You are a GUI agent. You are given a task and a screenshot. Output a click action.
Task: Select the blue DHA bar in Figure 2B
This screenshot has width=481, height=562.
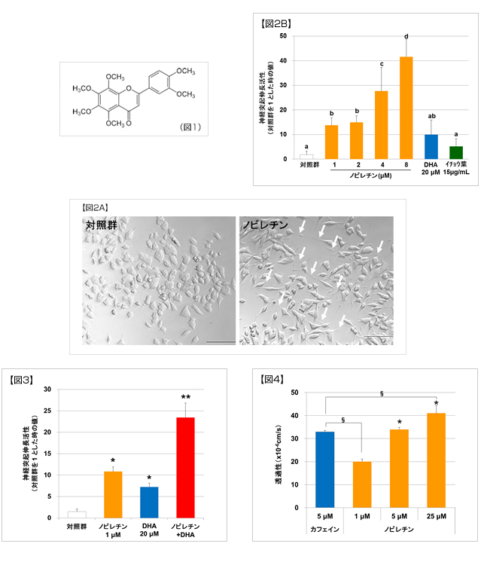[x=431, y=147]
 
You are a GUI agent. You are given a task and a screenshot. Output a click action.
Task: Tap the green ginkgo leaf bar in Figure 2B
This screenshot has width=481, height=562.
[x=456, y=152]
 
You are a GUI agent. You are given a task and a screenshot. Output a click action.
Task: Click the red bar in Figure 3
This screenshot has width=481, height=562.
[x=185, y=467]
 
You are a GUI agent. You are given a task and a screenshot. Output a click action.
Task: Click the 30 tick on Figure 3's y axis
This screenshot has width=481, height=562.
[x=47, y=389]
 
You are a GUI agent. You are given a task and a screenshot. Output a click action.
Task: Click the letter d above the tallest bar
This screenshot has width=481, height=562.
[x=406, y=35]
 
